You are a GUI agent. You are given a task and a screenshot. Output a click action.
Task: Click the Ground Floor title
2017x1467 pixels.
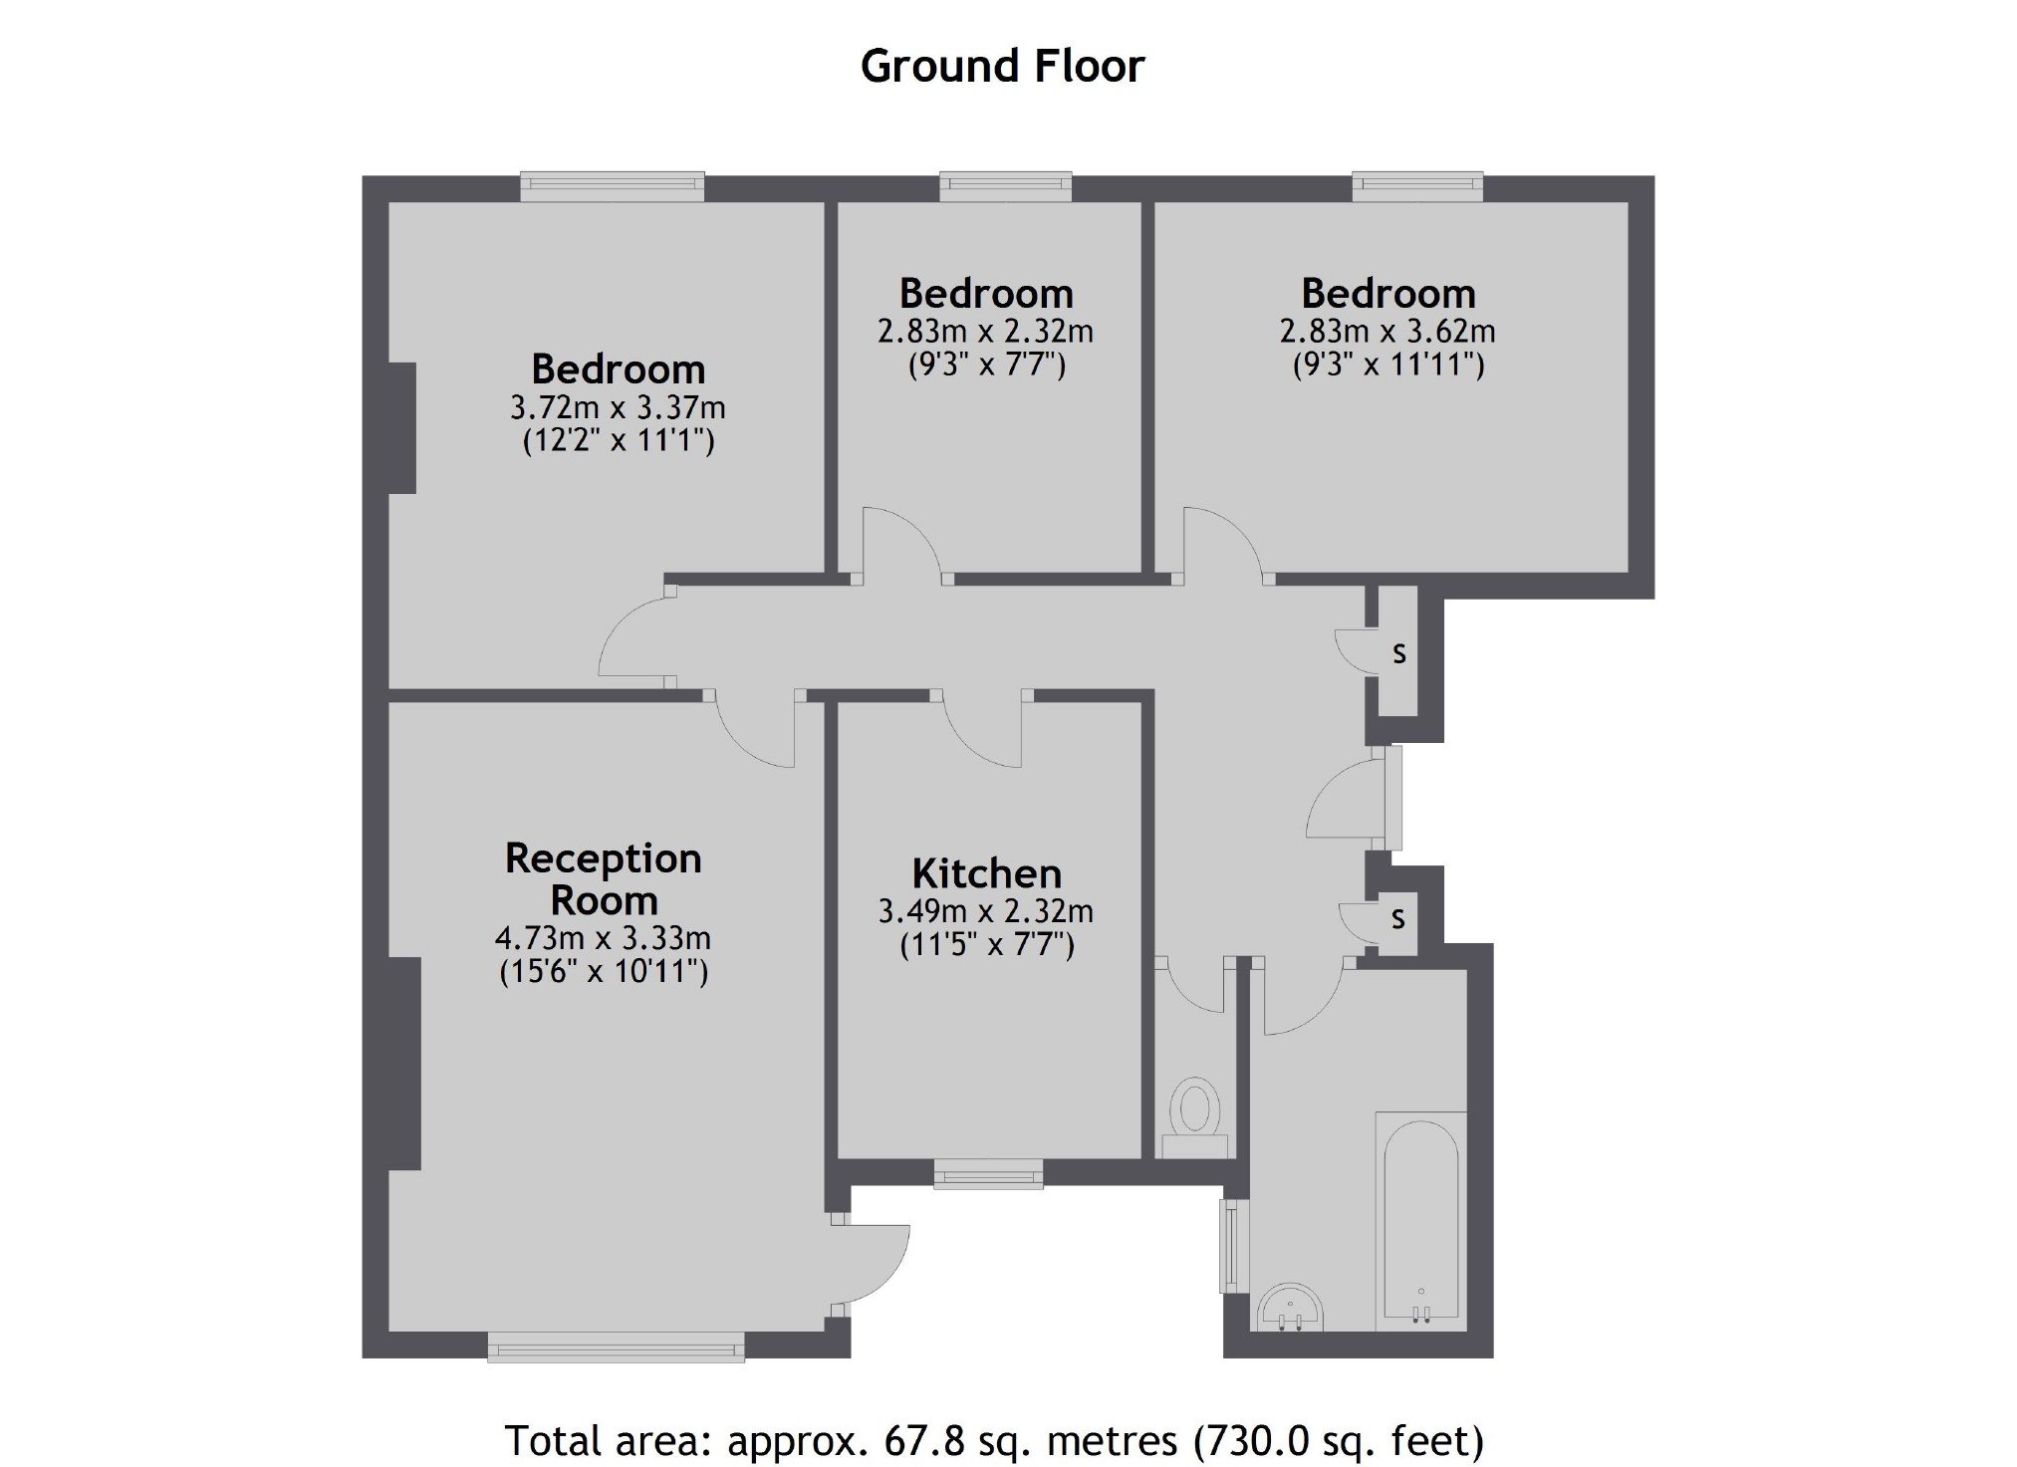coord(1002,67)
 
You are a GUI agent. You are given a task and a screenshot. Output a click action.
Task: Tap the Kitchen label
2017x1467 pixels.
coord(986,873)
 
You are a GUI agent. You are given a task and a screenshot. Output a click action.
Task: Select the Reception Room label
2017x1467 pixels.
coord(604,878)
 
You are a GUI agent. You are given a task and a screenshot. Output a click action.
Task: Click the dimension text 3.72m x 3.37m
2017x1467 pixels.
coord(618,407)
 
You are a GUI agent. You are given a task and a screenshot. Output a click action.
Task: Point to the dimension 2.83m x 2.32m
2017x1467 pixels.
coord(985,331)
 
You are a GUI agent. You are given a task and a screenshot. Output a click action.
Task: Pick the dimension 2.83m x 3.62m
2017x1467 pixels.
coord(1387,331)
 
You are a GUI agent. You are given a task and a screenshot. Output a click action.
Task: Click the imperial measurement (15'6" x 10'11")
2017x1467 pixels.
coord(604,971)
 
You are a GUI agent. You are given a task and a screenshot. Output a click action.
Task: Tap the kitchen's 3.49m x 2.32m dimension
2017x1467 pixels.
coord(985,911)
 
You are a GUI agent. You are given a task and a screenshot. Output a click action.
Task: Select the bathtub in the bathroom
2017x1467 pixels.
coord(1420,1221)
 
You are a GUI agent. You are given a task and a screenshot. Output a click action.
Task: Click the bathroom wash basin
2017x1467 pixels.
coord(1291,1307)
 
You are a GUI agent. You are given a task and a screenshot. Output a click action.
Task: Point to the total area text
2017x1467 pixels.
coord(994,1440)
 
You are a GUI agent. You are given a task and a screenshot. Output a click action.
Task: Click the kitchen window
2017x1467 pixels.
coord(988,1174)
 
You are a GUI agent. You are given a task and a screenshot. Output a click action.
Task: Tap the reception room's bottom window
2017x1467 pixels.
coord(616,1346)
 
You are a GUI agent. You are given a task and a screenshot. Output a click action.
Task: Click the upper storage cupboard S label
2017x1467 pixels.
coord(1399,653)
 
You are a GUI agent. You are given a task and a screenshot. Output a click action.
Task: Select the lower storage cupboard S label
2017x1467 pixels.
coord(1398,918)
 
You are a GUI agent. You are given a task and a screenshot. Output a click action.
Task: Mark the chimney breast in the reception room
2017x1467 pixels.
coord(404,1064)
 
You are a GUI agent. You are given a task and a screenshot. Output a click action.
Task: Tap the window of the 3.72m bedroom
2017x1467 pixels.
coord(613,187)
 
